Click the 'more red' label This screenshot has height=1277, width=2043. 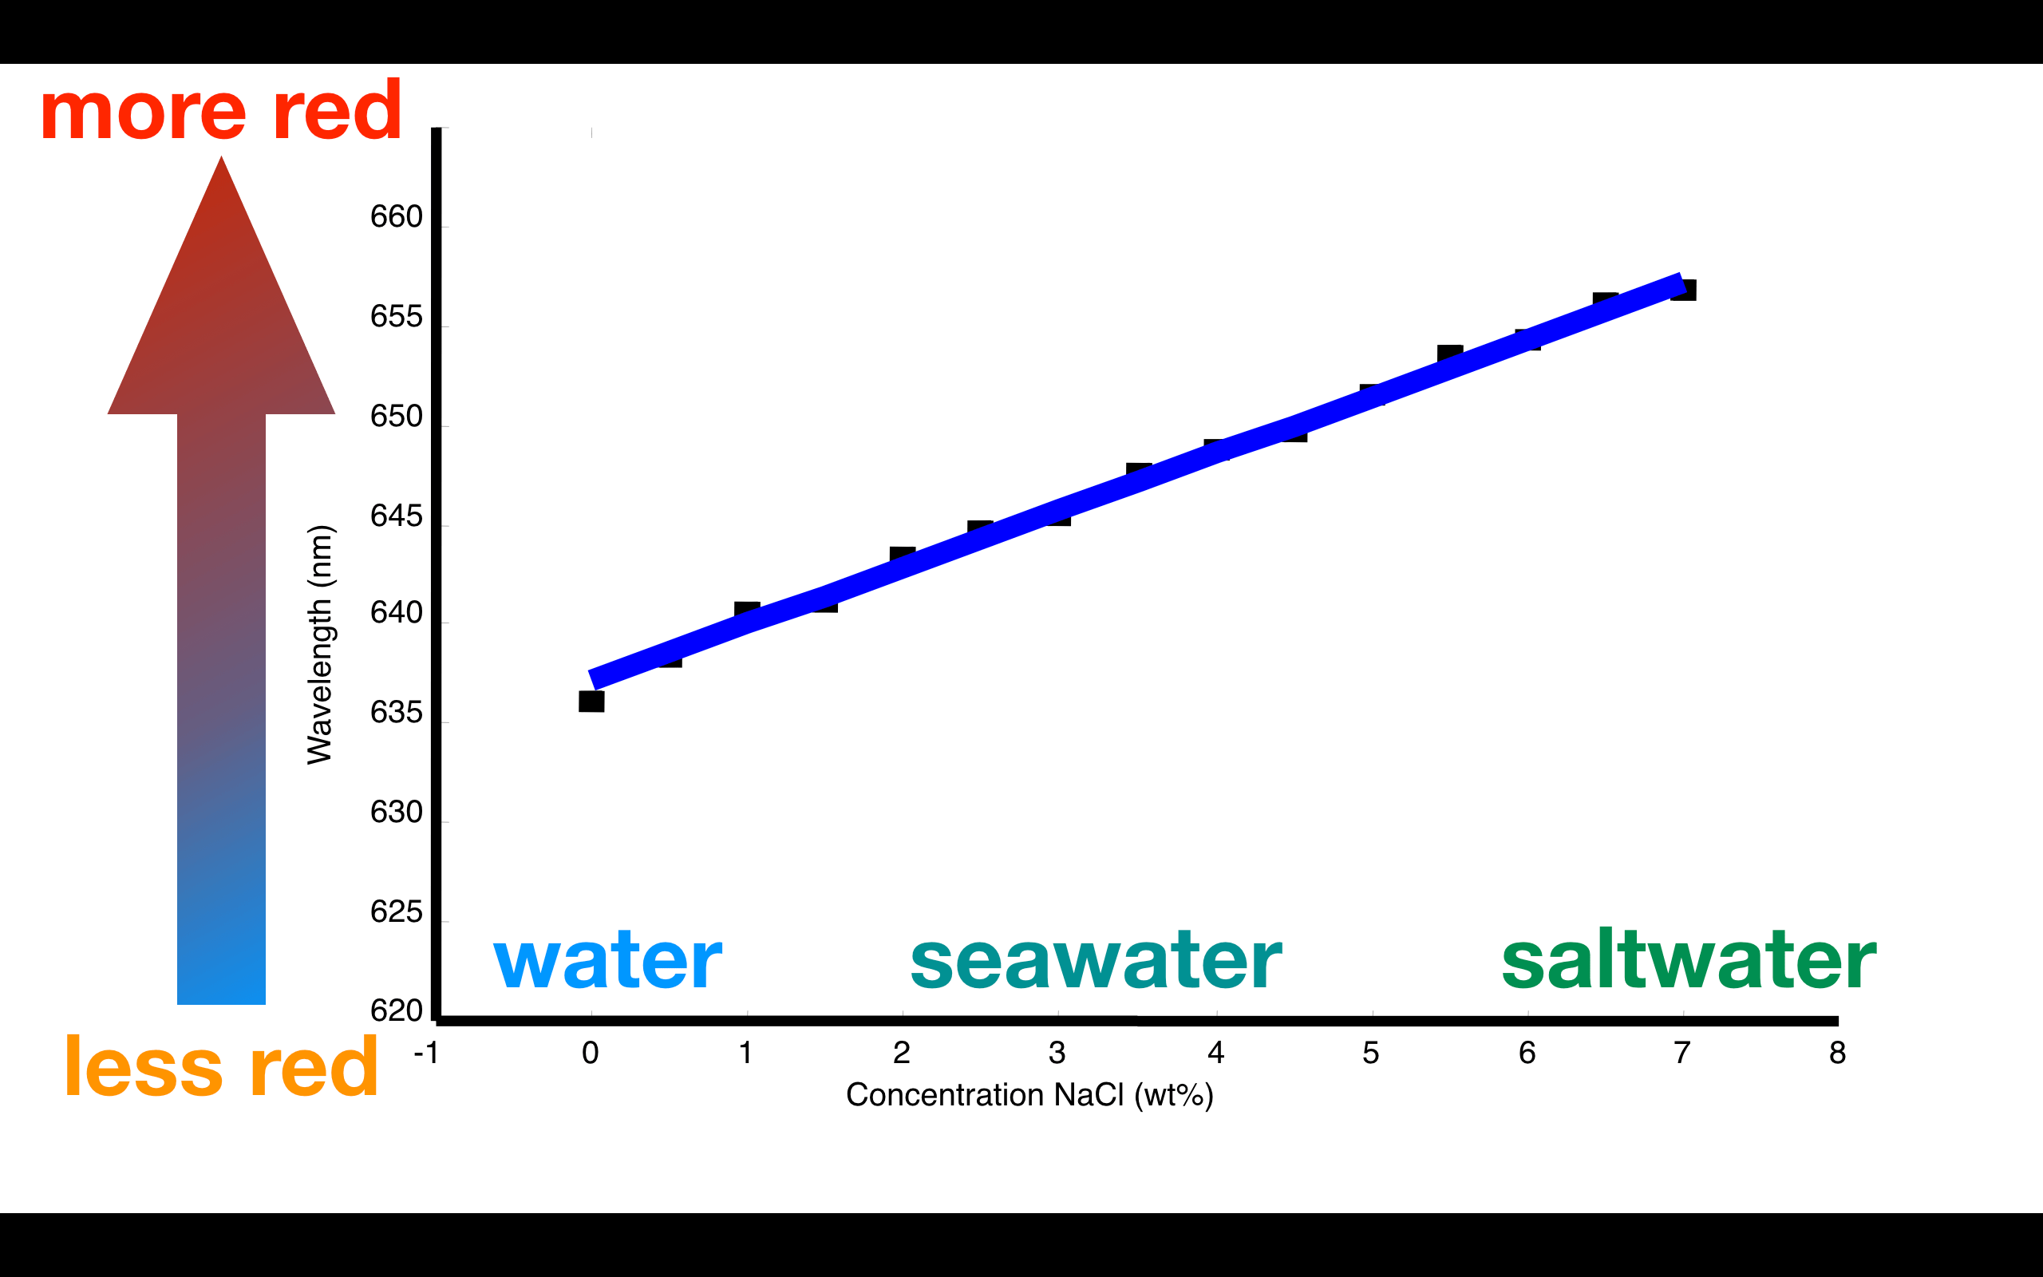tap(221, 111)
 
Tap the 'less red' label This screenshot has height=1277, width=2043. tap(221, 1067)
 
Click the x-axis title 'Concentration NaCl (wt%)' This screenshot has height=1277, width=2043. tap(1029, 1094)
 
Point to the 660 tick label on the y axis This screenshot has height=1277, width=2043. tap(396, 217)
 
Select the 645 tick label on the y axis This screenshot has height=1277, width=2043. tap(396, 516)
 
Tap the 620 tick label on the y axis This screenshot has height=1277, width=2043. tap(396, 1010)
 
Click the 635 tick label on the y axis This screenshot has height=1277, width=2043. tap(396, 713)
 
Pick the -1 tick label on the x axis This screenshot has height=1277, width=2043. tap(426, 1053)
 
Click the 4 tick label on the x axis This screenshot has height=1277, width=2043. tap(1215, 1053)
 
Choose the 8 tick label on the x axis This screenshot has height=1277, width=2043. tap(1837, 1053)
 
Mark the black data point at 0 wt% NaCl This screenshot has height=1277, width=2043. tap(591, 701)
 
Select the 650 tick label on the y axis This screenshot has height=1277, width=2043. tap(396, 417)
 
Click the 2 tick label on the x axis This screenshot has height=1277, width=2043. tap(902, 1053)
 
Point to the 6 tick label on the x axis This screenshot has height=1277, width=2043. tap(1527, 1053)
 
